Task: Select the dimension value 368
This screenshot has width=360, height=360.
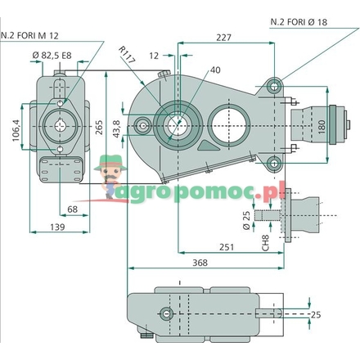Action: (200, 263)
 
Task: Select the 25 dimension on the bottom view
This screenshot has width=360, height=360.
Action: (338, 314)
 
